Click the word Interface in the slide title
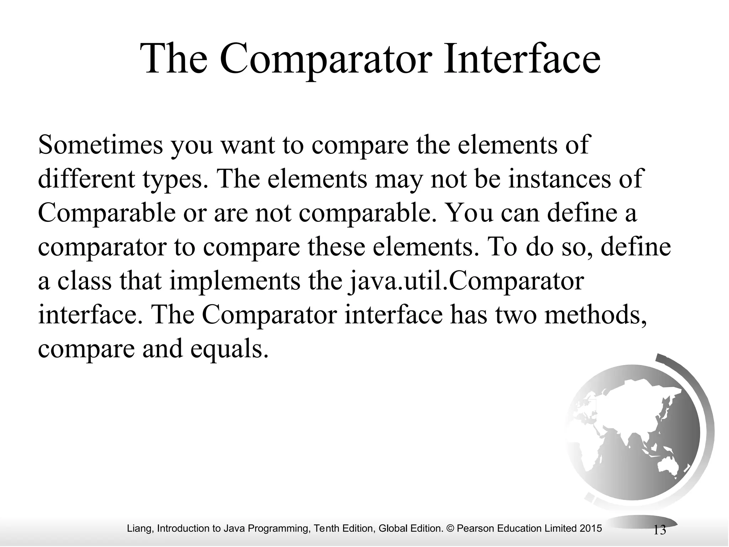[x=521, y=58]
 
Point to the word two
[x=516, y=315]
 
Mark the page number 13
[x=660, y=530]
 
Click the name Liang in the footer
[x=140, y=528]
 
